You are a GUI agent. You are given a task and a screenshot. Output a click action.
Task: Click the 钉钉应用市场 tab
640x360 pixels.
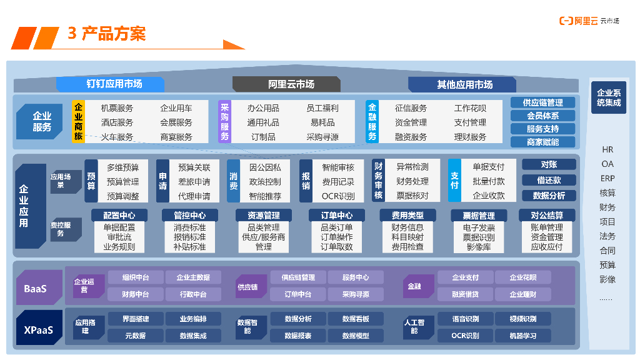coord(111,84)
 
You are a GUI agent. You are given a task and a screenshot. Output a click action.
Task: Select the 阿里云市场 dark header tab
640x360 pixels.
coord(287,84)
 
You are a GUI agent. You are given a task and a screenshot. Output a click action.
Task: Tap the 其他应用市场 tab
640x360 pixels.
coord(462,84)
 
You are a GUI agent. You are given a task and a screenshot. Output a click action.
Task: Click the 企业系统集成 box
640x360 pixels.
coord(608,97)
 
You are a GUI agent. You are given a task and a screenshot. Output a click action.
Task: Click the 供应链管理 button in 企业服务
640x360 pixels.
coord(542,102)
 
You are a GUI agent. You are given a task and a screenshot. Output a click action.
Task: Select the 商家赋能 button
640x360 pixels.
coord(542,142)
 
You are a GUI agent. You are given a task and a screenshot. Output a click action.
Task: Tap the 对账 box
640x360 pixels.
coord(549,164)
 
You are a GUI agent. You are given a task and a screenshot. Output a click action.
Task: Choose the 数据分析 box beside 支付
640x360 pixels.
coord(549,196)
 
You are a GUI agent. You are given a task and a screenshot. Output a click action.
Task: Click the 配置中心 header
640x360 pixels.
coord(119,216)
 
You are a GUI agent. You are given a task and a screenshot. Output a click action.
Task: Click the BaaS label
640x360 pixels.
coord(35,289)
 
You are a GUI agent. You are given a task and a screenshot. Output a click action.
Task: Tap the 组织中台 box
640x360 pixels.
coord(136,277)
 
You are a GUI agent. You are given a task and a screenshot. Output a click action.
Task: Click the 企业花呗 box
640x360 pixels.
coord(522,277)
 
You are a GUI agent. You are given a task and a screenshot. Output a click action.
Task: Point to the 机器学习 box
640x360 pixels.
coord(522,336)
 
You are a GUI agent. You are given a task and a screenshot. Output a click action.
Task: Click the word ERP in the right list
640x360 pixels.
coord(607,178)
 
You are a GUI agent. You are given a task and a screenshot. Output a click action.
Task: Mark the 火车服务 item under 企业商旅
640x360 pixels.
coord(117,137)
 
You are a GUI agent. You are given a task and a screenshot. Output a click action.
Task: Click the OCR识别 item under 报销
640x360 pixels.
coord(338,196)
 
